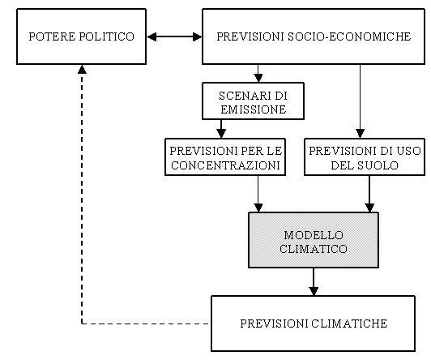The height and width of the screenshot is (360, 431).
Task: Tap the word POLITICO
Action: tap(107, 36)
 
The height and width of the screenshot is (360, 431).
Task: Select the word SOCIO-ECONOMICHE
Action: tap(349, 36)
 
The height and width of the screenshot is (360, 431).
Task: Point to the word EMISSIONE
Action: tap(254, 109)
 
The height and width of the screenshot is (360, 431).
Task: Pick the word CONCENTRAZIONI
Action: tap(225, 165)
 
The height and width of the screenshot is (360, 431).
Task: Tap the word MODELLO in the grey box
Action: tap(314, 235)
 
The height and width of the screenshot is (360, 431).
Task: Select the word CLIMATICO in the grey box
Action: tap(314, 249)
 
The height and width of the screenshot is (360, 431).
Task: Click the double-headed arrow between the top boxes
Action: tap(174, 36)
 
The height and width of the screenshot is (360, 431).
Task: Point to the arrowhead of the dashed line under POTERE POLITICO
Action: tap(82, 69)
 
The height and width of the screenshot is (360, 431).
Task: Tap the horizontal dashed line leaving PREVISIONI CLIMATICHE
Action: tap(145, 324)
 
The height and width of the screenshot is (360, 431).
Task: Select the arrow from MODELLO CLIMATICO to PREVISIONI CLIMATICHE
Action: tap(314, 282)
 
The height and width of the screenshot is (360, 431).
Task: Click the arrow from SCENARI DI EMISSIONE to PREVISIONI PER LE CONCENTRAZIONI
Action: tap(221, 129)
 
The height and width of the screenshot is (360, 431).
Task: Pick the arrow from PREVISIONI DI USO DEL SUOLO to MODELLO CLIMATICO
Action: tap(369, 194)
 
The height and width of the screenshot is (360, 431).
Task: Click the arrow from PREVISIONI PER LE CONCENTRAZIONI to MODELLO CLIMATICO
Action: tap(258, 194)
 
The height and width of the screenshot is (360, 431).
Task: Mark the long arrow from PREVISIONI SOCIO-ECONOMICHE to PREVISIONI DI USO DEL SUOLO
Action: tap(360, 101)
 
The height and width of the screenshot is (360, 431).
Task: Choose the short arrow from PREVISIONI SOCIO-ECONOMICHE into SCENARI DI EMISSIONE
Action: tap(258, 74)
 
